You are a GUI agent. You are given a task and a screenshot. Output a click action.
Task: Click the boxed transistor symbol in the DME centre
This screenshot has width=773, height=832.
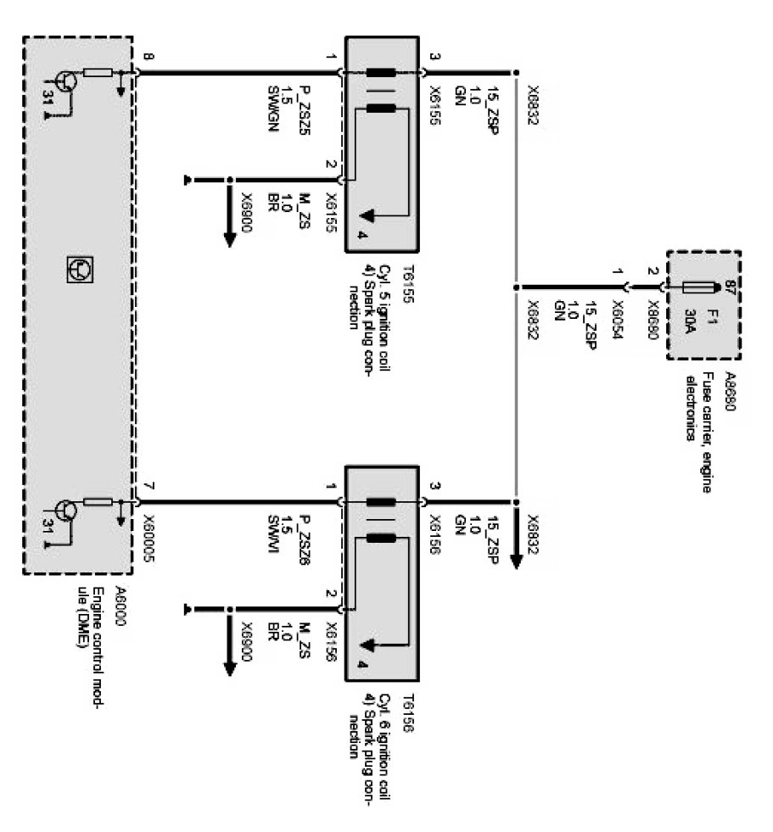pyautogui.click(x=80, y=271)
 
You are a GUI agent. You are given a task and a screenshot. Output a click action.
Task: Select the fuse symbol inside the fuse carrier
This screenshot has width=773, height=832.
pyautogui.click(x=693, y=287)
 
